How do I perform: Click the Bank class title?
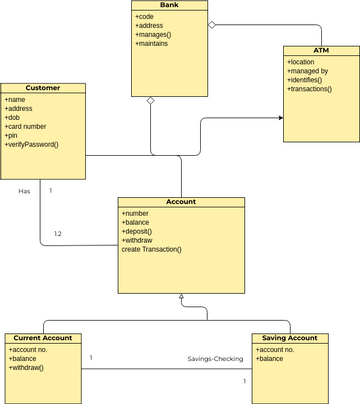click(x=169, y=6)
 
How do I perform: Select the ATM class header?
click(x=320, y=50)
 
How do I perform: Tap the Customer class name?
click(x=43, y=88)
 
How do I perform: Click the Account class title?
click(x=181, y=201)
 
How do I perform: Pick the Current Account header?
click(x=42, y=338)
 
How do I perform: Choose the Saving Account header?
click(x=289, y=338)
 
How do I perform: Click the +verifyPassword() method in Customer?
click(x=32, y=145)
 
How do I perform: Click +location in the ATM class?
click(x=302, y=62)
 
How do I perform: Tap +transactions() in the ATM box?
click(x=310, y=90)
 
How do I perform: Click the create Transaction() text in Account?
click(x=152, y=249)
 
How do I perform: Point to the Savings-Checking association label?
click(x=215, y=359)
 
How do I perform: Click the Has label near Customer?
click(x=24, y=190)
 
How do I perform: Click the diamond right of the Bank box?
click(x=211, y=23)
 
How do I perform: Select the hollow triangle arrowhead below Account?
click(x=181, y=298)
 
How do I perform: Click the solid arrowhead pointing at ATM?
click(x=280, y=118)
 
